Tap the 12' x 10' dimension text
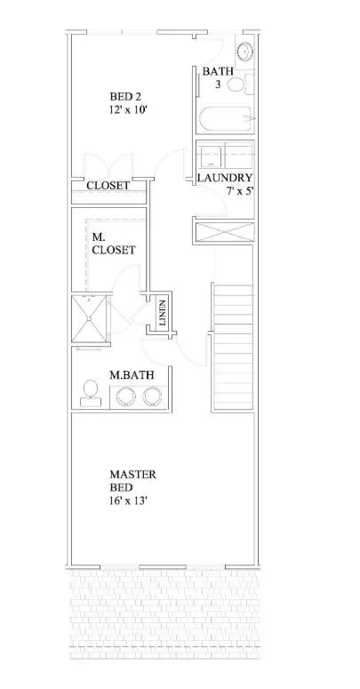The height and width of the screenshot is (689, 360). (x=128, y=109)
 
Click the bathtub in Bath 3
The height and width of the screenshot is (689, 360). (x=225, y=119)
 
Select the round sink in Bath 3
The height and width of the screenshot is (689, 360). (x=244, y=52)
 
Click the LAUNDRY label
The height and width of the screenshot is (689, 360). (x=225, y=178)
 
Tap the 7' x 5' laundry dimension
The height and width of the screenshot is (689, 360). (x=239, y=191)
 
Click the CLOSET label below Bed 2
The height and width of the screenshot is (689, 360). (x=108, y=186)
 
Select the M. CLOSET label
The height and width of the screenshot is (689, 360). (x=114, y=244)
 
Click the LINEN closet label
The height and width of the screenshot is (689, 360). (x=162, y=312)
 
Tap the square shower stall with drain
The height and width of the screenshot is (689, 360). (x=89, y=318)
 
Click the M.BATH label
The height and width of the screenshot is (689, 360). (x=132, y=375)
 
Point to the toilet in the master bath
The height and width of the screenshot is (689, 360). (x=91, y=393)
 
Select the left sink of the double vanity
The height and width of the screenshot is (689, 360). (x=126, y=397)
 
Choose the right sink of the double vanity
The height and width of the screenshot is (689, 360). (x=153, y=397)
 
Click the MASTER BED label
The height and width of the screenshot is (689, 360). (x=132, y=481)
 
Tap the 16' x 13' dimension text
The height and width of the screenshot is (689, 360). (x=128, y=500)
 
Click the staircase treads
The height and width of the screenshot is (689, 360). (x=233, y=348)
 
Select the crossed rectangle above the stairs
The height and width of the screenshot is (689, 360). (x=225, y=231)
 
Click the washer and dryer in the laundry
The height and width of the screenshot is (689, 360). (x=225, y=154)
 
